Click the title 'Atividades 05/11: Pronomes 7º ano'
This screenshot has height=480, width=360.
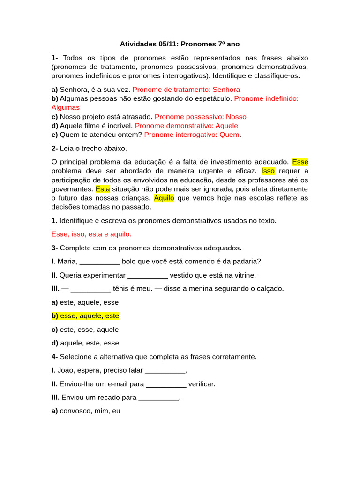(180, 44)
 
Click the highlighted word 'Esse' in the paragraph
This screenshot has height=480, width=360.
(300, 162)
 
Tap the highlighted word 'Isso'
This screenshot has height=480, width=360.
(268, 171)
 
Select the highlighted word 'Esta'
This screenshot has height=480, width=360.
(103, 189)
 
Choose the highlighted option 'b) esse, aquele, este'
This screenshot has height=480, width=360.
(85, 316)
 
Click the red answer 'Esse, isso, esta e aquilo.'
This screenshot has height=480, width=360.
(91, 234)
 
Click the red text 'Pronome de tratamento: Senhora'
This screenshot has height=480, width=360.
(186, 89)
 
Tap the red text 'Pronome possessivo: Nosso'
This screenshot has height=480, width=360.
(200, 116)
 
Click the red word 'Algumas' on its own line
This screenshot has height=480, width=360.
(65, 107)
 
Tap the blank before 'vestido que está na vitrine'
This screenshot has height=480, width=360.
(147, 275)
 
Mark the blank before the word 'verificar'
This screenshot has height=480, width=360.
(166, 384)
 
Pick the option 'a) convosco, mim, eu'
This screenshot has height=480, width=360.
(86, 411)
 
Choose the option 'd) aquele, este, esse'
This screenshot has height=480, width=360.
(85, 343)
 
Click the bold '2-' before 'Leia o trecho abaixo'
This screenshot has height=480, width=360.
(54, 149)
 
